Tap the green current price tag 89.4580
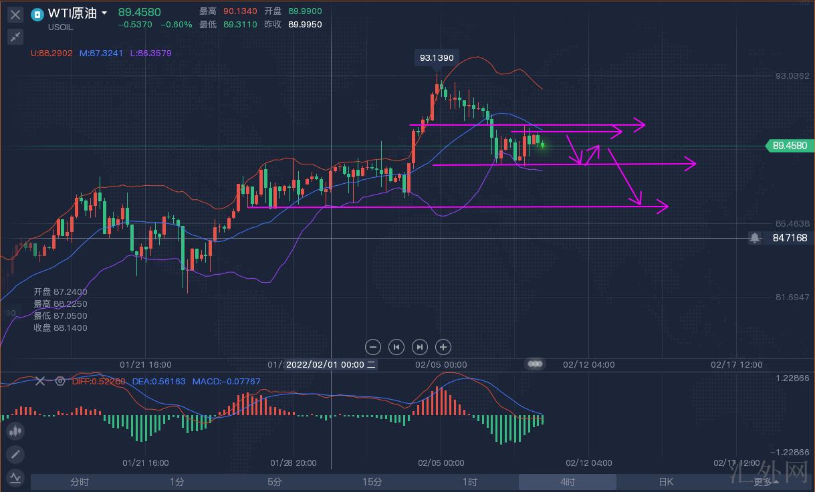(789, 146)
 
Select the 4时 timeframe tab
(567, 482)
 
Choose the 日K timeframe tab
(665, 482)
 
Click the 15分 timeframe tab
(372, 482)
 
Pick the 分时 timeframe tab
(79, 482)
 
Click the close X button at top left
(15, 14)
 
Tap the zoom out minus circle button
(374, 347)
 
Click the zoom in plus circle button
(443, 347)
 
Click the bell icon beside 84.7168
(755, 238)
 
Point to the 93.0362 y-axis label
(792, 76)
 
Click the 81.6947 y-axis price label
(792, 297)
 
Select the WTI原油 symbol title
(72, 13)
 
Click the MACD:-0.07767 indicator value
(226, 382)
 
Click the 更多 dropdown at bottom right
(766, 482)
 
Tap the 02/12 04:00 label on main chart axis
(588, 365)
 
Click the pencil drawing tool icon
(15, 455)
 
